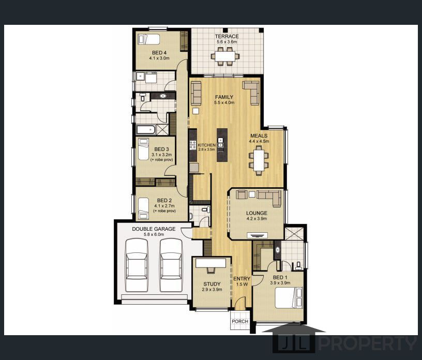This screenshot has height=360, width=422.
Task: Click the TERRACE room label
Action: pos(227,36)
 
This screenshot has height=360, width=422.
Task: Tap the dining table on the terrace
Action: pos(225,56)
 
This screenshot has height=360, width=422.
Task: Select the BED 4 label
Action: pos(159,53)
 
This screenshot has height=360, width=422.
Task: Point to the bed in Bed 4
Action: pos(148,39)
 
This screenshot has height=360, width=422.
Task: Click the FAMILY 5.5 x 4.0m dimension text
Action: pos(224,102)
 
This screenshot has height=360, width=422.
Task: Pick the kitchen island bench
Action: pos(222,145)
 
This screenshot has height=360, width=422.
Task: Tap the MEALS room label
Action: pos(259,136)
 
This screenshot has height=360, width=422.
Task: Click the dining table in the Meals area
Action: pos(259,160)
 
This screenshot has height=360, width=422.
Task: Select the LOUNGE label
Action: pos(257,213)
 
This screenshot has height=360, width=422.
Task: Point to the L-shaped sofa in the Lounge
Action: pos(269,197)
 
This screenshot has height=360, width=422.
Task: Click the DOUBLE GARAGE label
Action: pos(154,229)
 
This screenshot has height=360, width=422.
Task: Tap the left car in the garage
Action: pos(137,265)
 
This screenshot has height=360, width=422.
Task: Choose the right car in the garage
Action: pos(171,265)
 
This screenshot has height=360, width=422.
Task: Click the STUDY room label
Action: pos(212,284)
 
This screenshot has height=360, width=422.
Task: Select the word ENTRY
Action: pos(242,279)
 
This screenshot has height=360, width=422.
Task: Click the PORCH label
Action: pos(240,321)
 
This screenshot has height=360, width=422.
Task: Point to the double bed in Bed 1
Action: pos(289,297)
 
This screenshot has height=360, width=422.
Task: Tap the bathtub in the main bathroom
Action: pos(146,130)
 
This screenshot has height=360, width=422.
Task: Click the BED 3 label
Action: pos(161,149)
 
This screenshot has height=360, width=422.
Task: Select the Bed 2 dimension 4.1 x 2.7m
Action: pos(164,206)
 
